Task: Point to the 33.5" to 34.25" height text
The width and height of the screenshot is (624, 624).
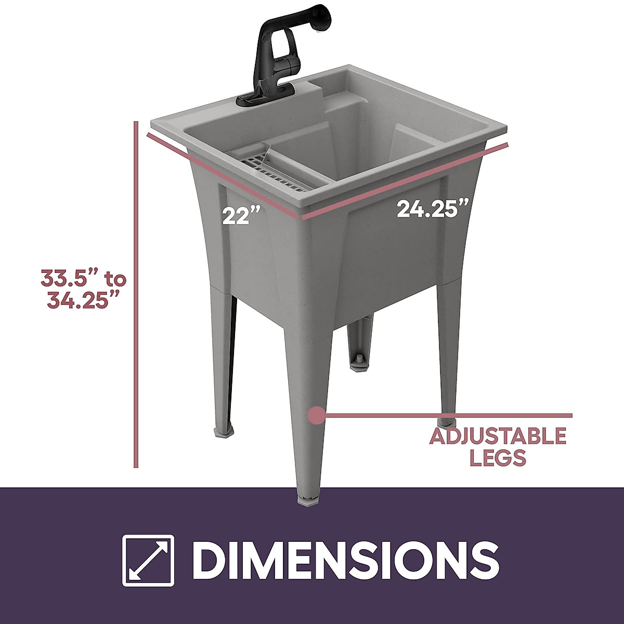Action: (83, 290)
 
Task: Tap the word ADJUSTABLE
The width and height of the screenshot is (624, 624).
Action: (497, 436)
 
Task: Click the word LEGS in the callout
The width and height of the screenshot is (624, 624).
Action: (497, 458)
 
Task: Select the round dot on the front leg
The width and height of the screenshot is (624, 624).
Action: (316, 415)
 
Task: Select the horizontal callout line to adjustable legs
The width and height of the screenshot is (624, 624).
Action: (447, 415)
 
